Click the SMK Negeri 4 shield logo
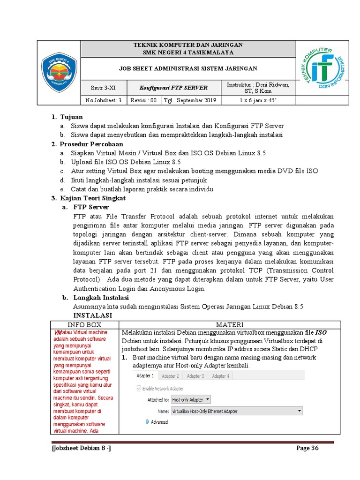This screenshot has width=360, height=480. [59, 72]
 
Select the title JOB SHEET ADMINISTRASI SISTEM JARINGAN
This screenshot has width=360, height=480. [188, 68]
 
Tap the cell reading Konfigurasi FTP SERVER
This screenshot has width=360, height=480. [173, 88]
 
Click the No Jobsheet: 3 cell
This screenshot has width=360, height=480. [104, 100]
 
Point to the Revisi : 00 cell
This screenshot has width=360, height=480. [143, 100]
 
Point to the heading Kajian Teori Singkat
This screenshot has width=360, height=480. [92, 198]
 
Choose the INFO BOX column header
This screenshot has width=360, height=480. [84, 324]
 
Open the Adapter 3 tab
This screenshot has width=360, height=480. [195, 376]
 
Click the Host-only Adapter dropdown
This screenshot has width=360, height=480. [191, 400]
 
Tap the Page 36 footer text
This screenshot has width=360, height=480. [307, 449]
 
